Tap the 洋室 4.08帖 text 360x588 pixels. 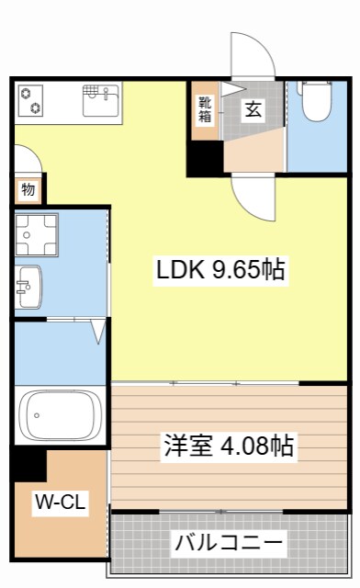(x=229, y=447)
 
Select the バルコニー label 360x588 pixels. (x=229, y=541)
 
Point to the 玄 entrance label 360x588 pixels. (x=253, y=108)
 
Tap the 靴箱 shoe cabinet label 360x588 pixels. (x=204, y=109)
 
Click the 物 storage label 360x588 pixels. (x=28, y=191)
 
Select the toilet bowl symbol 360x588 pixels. (x=316, y=103)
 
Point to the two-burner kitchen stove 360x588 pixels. (x=31, y=99)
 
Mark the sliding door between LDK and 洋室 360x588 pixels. (x=229, y=381)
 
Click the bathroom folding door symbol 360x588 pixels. (x=98, y=330)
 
